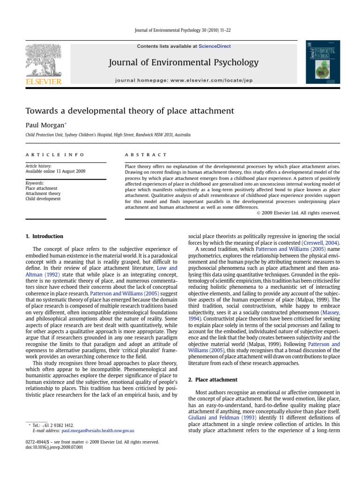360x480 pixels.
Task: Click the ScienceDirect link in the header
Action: [x=215, y=46]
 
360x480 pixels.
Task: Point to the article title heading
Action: [x=123, y=111]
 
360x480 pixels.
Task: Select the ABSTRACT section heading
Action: [x=146, y=154]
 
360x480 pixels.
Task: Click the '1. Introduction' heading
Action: [x=45, y=236]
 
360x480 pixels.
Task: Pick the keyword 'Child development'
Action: [x=43, y=199]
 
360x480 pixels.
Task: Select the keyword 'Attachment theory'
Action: [x=43, y=194]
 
